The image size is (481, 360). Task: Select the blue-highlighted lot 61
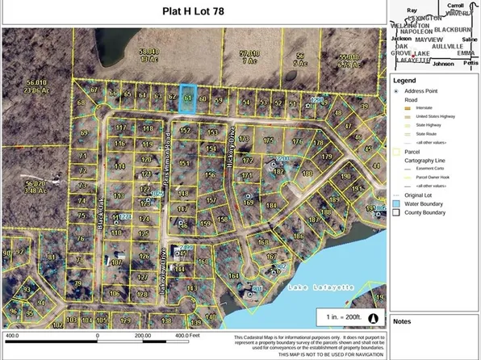pyautogui.click(x=187, y=97)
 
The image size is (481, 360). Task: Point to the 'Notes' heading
pyautogui.click(x=402, y=320)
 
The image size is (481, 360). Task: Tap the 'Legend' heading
pyautogui.click(x=404, y=80)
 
